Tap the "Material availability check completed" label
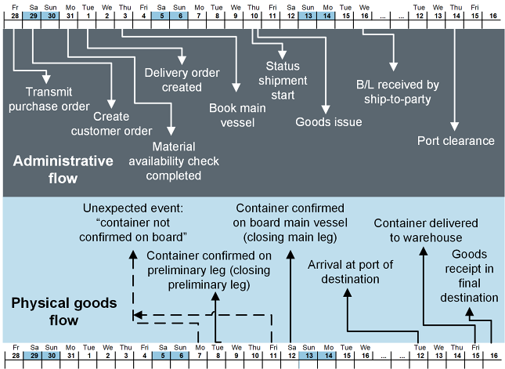coord(186,161)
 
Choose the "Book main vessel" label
coord(238,114)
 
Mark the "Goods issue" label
coord(329,122)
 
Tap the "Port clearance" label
coord(456,141)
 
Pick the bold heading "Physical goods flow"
coord(65,311)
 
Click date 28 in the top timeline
coord(15,15)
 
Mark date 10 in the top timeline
coord(254,15)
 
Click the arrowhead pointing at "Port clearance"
coord(456,125)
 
